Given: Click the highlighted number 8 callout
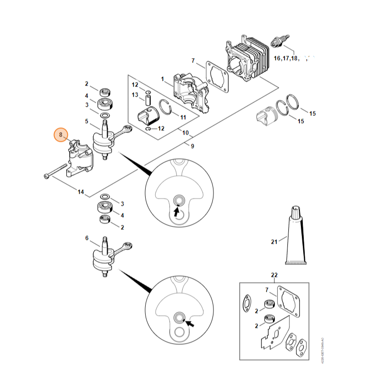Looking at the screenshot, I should point(61,136).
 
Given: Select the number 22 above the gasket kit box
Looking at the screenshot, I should point(274,275).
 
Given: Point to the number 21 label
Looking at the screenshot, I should point(274,242).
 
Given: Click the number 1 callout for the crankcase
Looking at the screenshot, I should point(162,78).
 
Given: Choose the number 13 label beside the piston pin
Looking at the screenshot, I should point(136,95).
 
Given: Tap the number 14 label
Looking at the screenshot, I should point(81,192).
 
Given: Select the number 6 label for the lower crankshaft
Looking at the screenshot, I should point(87,238).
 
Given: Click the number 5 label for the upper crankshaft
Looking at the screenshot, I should point(87,121).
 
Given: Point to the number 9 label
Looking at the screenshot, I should point(192,146).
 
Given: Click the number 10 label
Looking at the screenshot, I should point(185,133).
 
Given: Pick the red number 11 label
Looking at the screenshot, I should point(183,117).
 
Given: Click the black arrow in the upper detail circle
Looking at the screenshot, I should point(177,210).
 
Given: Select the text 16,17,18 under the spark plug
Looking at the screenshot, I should point(286,58).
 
